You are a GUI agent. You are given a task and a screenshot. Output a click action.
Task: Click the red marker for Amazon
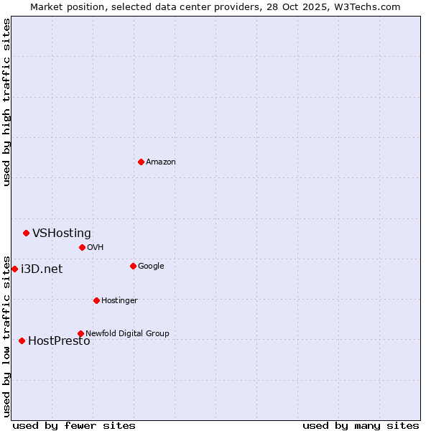click(x=141, y=162)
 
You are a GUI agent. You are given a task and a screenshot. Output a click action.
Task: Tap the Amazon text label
click(x=161, y=162)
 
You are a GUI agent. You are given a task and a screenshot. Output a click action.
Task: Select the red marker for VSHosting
click(x=26, y=233)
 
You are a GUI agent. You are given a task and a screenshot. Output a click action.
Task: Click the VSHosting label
click(x=62, y=233)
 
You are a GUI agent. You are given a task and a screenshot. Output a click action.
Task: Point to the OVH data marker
click(x=82, y=247)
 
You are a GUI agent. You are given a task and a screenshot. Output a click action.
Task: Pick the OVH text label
click(x=96, y=248)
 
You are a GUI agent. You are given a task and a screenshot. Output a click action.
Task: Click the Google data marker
click(x=133, y=266)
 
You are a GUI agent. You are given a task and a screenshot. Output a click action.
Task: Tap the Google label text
click(x=151, y=267)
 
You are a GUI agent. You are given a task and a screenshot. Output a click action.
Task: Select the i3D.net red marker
click(x=14, y=269)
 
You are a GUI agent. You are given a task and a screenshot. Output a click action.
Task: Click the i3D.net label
click(x=42, y=269)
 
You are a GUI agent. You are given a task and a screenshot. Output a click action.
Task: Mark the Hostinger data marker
click(x=96, y=300)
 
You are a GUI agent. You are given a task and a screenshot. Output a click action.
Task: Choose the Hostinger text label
click(x=119, y=301)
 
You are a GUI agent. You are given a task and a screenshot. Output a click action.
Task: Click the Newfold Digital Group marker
click(x=80, y=333)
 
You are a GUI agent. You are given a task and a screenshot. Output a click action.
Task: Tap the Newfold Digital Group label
click(x=127, y=333)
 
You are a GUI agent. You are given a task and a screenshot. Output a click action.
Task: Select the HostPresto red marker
click(x=22, y=340)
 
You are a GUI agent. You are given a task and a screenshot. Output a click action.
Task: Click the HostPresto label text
click(x=59, y=341)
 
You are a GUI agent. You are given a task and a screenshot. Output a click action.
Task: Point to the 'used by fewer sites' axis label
click(x=74, y=425)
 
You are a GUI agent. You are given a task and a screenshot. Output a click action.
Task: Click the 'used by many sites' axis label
click(x=361, y=425)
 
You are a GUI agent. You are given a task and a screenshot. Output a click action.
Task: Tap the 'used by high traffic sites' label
click(x=6, y=102)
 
